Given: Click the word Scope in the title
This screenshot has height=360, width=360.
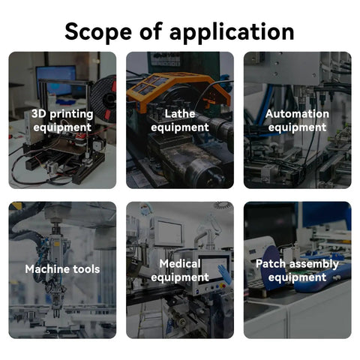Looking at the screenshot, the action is click(98, 31).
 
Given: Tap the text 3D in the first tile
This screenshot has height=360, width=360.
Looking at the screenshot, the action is click(39, 114).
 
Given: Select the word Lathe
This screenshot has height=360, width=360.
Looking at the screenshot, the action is click(180, 114).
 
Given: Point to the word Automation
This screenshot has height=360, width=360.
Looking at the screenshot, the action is click(297, 114).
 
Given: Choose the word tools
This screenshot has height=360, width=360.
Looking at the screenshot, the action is click(82, 269).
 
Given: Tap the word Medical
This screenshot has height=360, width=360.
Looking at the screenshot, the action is click(180, 264).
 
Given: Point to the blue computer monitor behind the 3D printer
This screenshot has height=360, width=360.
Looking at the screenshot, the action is click(56, 80).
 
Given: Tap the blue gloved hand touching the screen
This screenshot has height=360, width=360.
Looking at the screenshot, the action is click(224, 274).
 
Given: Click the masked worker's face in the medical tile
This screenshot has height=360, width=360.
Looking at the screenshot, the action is click(144, 211).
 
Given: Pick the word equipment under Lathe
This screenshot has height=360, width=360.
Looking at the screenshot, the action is click(180, 128).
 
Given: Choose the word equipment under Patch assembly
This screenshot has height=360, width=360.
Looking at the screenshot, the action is click(297, 278).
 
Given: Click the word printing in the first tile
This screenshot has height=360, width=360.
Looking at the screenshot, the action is click(71, 115).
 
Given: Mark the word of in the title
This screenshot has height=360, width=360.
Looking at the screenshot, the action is click(151, 31).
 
